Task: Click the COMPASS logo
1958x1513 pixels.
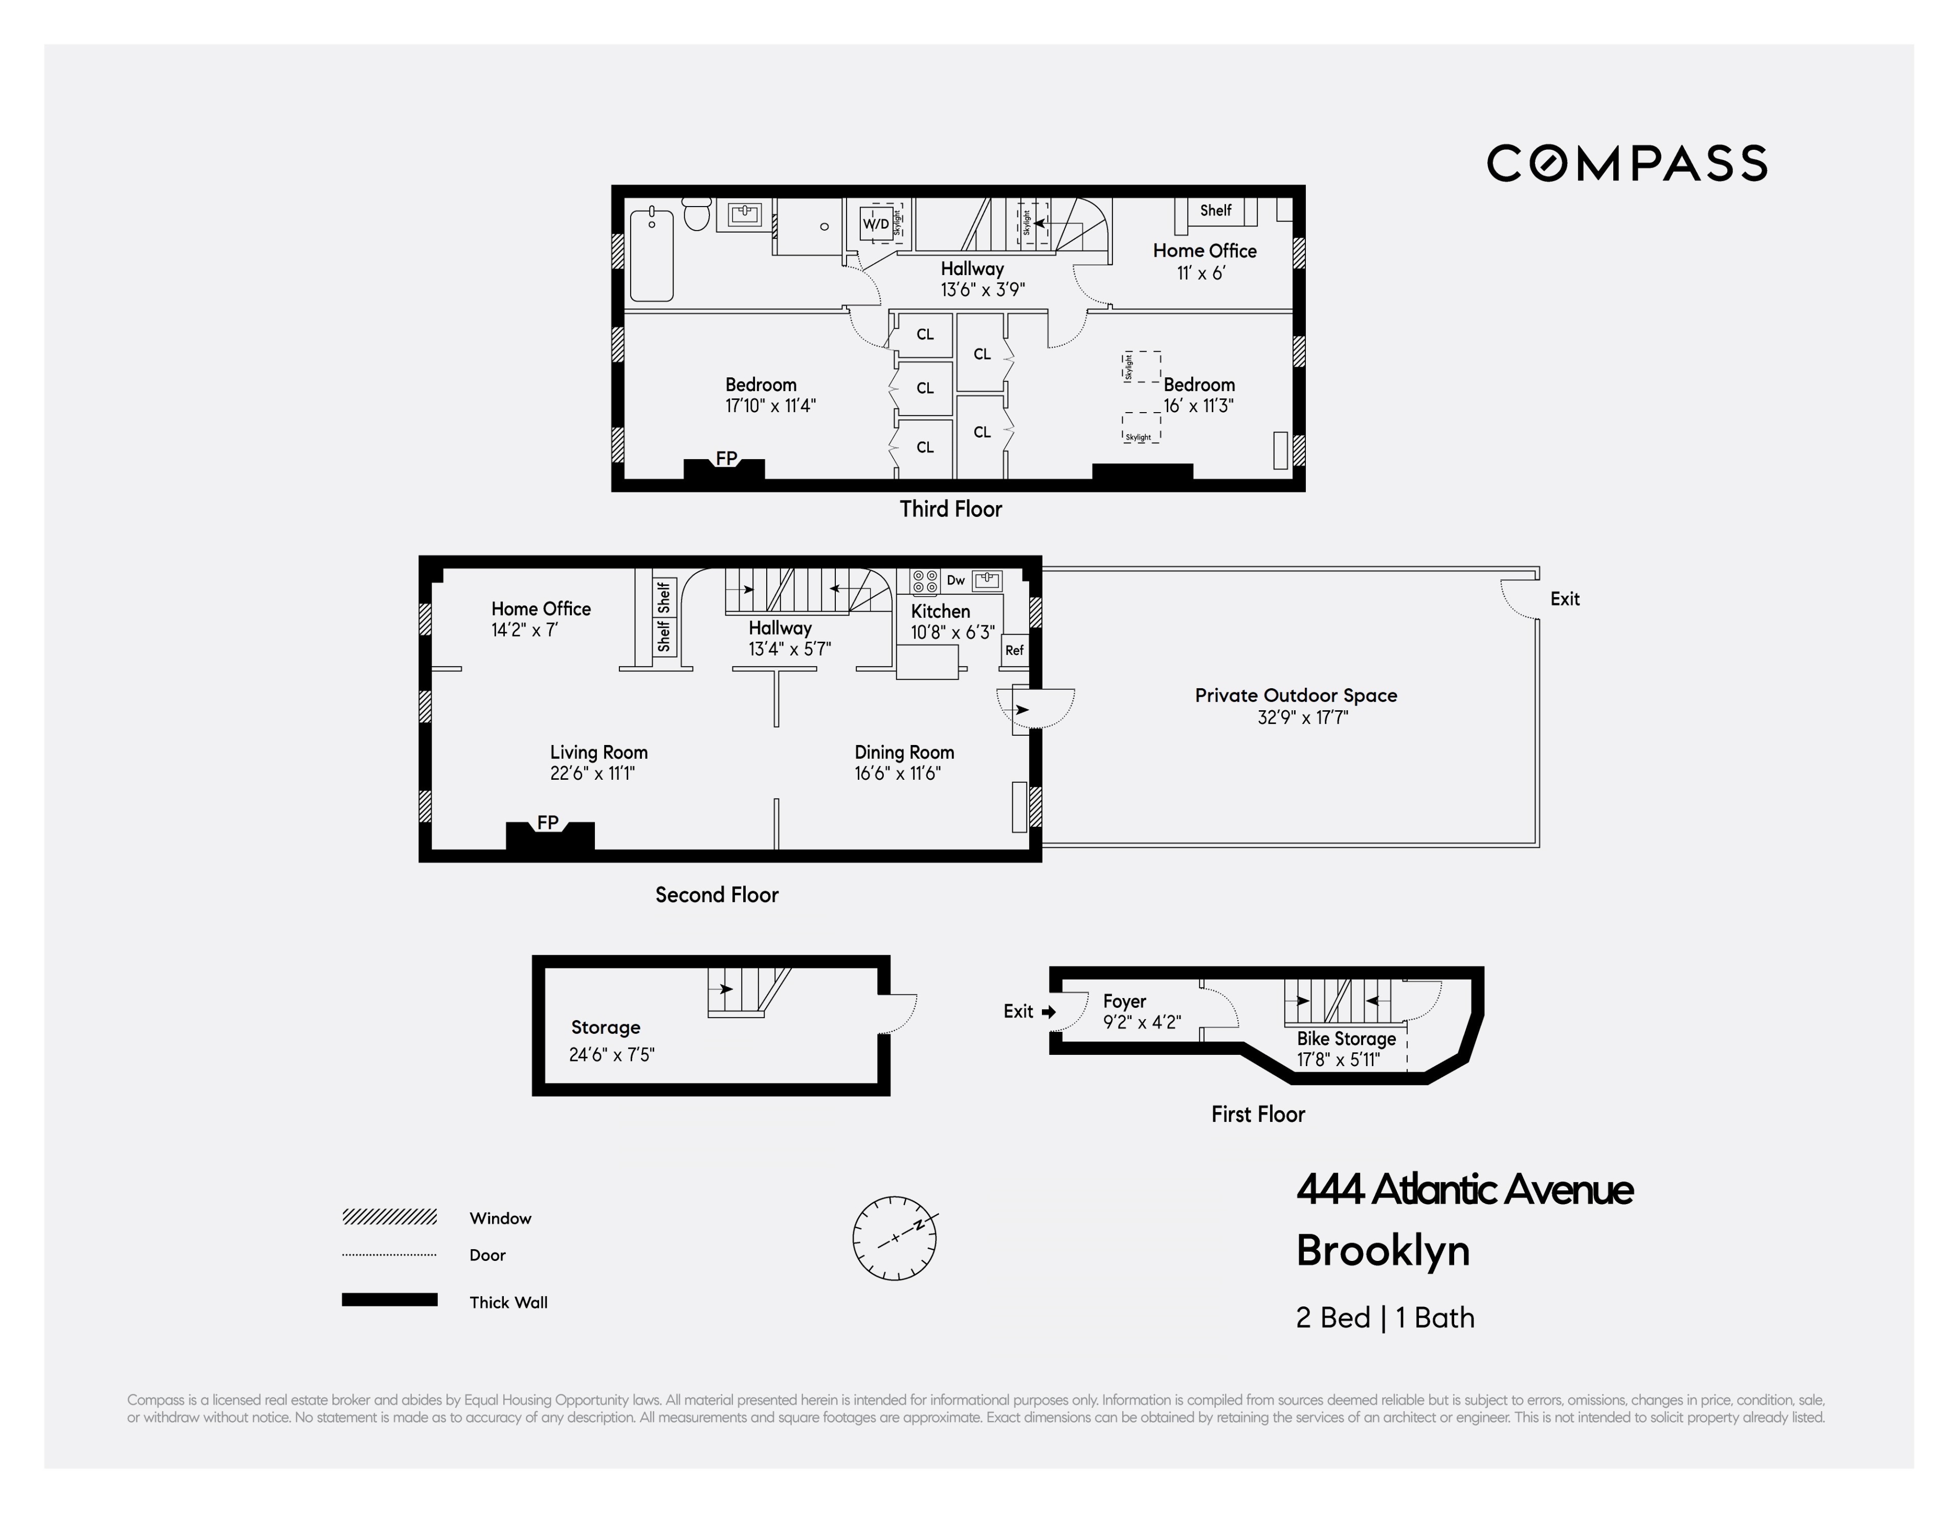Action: [1626, 163]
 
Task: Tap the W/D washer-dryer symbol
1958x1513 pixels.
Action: [876, 224]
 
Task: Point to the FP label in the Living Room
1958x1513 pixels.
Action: [548, 822]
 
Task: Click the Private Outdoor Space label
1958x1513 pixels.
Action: [1296, 695]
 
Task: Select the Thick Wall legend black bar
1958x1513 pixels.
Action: [389, 1300]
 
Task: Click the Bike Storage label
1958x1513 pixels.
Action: [1346, 1039]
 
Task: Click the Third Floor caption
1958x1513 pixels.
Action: [950, 509]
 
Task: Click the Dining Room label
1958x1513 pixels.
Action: [904, 753]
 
